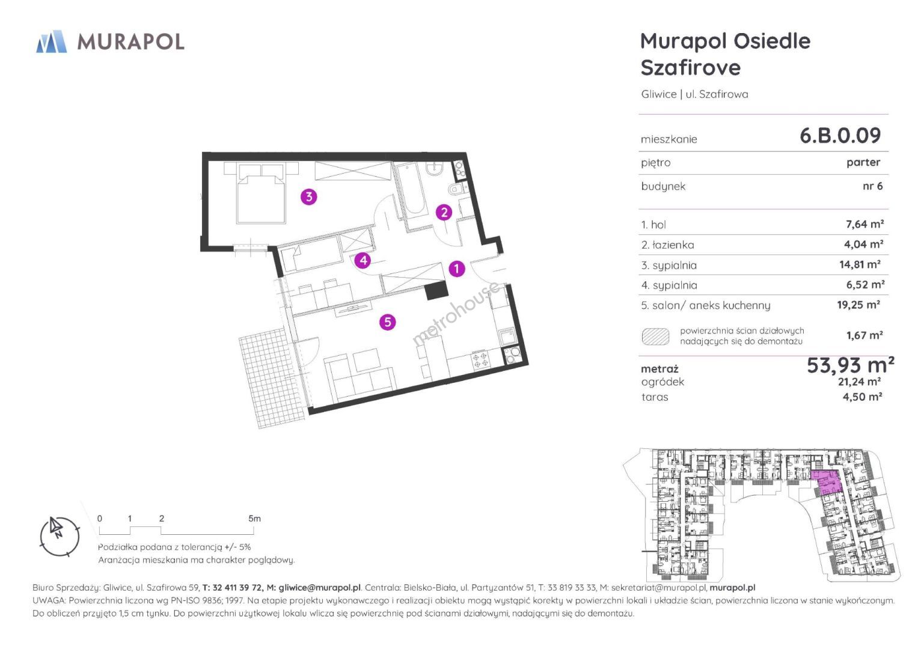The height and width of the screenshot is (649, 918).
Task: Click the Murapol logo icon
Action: click(x=52, y=41)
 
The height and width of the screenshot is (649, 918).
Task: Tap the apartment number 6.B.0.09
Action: click(x=840, y=136)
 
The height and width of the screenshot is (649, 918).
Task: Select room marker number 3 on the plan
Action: click(x=308, y=197)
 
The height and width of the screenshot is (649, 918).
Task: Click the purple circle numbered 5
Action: click(x=387, y=322)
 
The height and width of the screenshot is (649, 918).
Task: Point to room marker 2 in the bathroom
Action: click(x=444, y=212)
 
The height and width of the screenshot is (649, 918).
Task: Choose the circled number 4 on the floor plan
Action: click(x=363, y=260)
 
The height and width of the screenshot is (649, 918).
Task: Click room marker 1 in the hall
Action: click(x=456, y=269)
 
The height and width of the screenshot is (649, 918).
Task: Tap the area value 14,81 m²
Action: click(x=860, y=264)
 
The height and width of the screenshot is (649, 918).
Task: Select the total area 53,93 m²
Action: click(x=851, y=365)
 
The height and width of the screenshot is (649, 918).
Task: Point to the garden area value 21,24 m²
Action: click(x=860, y=382)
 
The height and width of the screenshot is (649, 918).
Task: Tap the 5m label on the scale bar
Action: click(x=254, y=518)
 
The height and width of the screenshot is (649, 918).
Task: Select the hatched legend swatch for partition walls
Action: click(x=655, y=337)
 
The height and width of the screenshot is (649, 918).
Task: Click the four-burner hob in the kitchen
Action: click(x=480, y=360)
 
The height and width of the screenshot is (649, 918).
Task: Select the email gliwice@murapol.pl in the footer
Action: click(x=319, y=587)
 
